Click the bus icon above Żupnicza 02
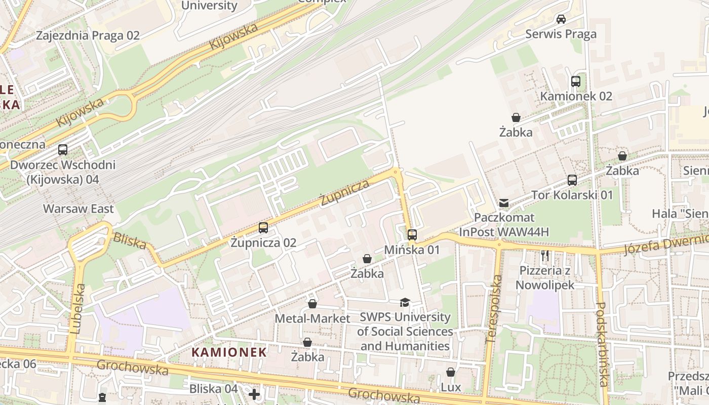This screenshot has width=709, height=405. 263,228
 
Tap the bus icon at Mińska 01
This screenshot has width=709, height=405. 412,235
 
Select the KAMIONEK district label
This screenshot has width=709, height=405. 229,352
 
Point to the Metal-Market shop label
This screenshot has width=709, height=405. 312,318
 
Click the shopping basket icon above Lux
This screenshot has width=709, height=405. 450,373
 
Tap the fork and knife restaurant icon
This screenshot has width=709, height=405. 545,256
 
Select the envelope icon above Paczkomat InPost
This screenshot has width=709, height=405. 504,203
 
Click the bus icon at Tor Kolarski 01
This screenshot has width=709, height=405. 572,180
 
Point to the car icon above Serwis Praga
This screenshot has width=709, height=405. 561,19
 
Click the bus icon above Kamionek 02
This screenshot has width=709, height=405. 575,82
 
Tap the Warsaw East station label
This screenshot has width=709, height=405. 78,209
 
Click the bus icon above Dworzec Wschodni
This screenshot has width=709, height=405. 63,150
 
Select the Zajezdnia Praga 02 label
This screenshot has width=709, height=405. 88,35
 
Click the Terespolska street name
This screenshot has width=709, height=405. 493,309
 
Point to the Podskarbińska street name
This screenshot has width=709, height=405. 602,344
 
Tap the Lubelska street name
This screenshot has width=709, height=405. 77,308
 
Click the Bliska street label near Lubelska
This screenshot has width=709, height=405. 129,240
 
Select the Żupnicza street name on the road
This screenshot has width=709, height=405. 345,192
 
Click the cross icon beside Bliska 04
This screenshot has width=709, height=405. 254,394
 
